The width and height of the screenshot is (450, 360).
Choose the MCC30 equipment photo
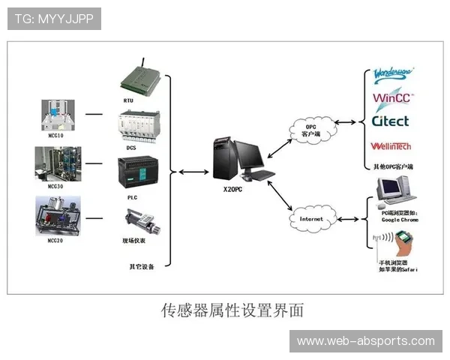(58, 164)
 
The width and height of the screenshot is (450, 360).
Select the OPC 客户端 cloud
(304, 128)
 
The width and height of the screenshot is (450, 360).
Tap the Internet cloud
(310, 219)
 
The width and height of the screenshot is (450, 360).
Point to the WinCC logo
(394, 98)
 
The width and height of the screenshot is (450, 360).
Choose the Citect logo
(391, 121)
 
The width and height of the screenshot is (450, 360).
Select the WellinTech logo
(391, 146)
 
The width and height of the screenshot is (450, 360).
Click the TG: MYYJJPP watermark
(54, 18)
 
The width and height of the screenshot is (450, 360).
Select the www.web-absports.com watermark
(365, 341)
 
